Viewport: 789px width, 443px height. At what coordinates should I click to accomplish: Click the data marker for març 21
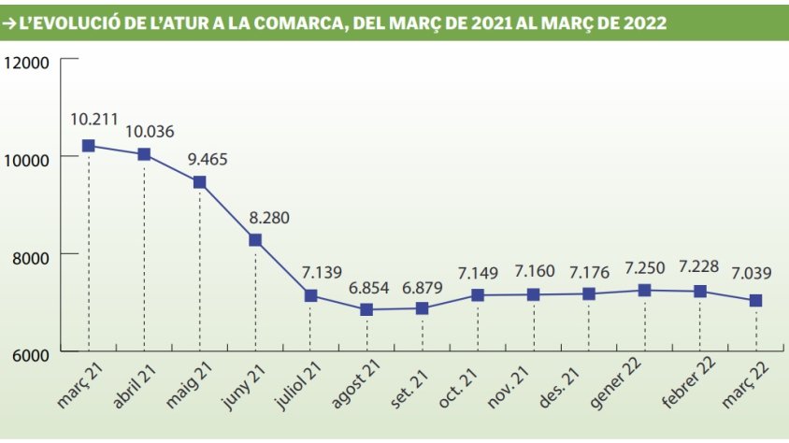(89, 146)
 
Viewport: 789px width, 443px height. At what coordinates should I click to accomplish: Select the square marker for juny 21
(255, 240)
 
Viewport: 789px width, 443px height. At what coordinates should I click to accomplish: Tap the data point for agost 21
(366, 309)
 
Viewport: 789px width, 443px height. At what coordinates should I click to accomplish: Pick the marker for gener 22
(644, 290)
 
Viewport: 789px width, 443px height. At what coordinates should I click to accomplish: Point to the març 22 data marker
(755, 300)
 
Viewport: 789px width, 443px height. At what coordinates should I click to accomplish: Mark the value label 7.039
(754, 275)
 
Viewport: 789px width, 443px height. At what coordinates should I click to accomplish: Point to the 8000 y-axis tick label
(29, 255)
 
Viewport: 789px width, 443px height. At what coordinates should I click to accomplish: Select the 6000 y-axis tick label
(29, 352)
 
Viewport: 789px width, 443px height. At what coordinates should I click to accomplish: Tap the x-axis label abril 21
(136, 387)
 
